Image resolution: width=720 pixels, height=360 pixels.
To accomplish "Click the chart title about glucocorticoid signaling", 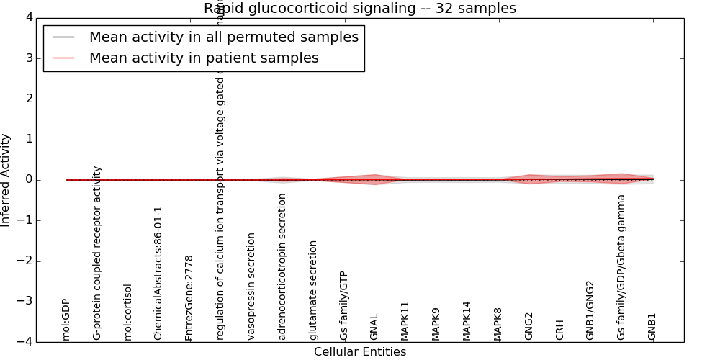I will tap(360, 9).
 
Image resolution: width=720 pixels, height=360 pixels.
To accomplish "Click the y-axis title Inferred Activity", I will tap(6, 180).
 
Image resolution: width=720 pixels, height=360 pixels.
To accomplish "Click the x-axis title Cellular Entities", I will tap(360, 351).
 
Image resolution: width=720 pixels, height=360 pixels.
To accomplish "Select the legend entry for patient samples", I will tap(204, 58).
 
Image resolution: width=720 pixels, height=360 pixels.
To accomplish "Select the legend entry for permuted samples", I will tap(223, 37).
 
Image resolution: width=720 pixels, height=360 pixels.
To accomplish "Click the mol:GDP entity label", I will tap(66, 319).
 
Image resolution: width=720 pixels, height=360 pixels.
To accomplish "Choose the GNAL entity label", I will tap(374, 327).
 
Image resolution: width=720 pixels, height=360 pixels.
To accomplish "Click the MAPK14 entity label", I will tap(467, 320).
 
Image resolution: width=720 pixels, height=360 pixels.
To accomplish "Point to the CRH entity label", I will tap(559, 330).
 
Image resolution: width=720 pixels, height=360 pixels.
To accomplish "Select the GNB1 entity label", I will tap(652, 326).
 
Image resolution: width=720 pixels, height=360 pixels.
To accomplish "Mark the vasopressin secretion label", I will tap(251, 286).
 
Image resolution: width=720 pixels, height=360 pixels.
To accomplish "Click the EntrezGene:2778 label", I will tap(189, 297).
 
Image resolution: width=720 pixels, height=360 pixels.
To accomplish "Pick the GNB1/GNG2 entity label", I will tap(590, 310).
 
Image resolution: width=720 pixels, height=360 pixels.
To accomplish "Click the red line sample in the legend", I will tap(63, 58).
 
